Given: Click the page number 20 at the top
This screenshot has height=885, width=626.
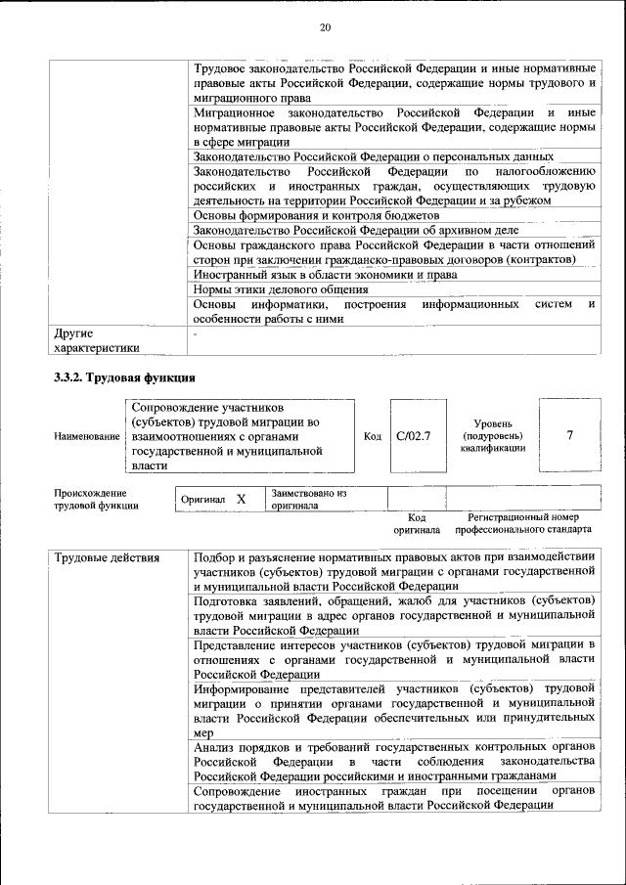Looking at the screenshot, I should [x=325, y=27].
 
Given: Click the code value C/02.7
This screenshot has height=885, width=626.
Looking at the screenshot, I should [x=413, y=435].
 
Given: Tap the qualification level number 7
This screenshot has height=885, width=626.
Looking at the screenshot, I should [x=569, y=435].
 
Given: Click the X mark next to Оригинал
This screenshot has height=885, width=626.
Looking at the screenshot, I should [x=241, y=499].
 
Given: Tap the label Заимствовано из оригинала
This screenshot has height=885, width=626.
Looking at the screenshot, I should [x=309, y=499].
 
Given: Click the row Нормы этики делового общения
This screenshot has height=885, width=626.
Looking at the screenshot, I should [x=281, y=289].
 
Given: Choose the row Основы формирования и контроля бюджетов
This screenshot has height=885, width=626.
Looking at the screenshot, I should [x=316, y=215].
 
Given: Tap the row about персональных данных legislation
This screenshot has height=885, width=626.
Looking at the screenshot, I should [x=373, y=156].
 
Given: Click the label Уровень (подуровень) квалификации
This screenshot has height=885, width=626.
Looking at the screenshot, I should [x=493, y=435].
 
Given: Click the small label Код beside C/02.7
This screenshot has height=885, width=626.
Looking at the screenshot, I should [x=372, y=436].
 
